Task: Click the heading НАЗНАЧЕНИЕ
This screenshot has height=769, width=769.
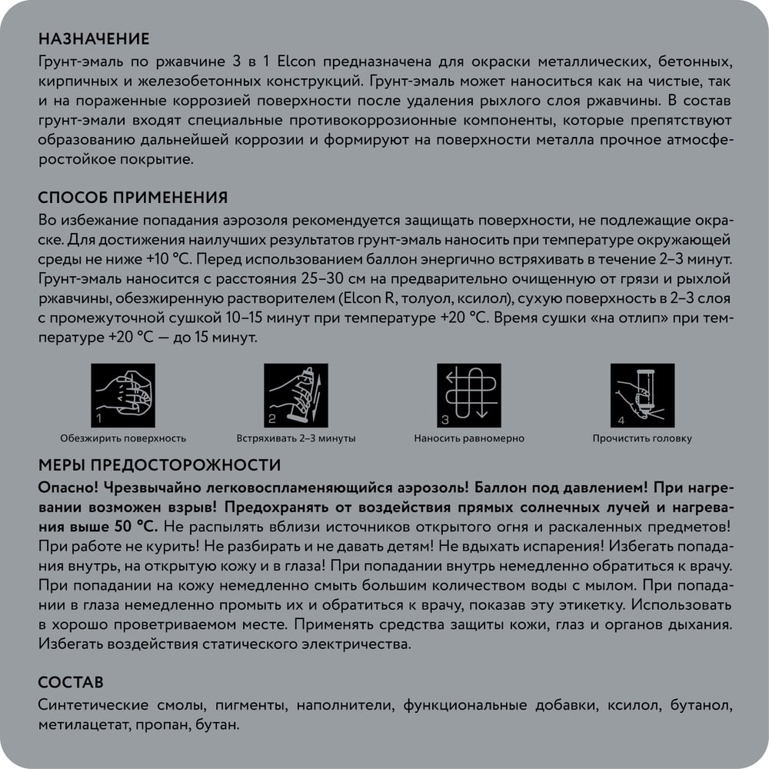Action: (x=93, y=39)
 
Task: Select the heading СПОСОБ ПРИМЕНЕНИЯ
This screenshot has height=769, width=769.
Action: (x=132, y=198)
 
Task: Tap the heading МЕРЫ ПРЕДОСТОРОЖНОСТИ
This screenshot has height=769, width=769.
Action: (x=158, y=465)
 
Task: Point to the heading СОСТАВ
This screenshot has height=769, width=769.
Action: (x=70, y=683)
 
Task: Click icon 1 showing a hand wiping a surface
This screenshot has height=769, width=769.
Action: (x=123, y=395)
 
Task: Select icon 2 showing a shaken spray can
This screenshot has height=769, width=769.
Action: (x=296, y=395)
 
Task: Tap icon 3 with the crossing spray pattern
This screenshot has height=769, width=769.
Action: (x=469, y=395)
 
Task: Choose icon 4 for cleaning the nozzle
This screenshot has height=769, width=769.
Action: (x=642, y=395)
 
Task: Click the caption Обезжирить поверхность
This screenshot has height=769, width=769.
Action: (x=123, y=438)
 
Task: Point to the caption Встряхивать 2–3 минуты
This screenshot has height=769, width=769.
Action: (x=296, y=438)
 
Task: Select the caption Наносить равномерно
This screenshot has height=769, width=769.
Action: (x=469, y=438)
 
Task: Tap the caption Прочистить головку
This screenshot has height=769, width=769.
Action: (x=642, y=438)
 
